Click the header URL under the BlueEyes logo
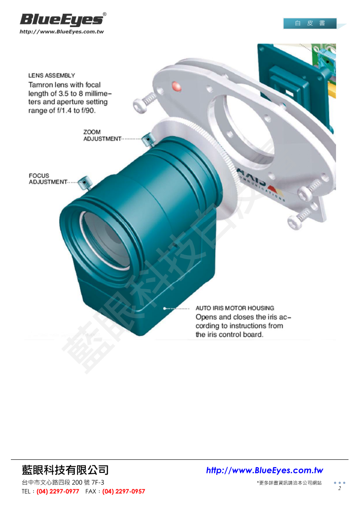click(61, 32)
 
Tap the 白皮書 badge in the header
click(310, 24)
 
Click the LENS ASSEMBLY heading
click(52, 76)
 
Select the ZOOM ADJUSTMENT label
click(102, 135)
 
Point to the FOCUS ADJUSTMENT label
click(48, 179)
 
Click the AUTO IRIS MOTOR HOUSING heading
click(235, 308)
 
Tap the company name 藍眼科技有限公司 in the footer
click(65, 470)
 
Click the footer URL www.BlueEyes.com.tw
click(265, 471)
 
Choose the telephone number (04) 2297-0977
click(58, 492)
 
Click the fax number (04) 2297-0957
click(124, 492)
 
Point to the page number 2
click(340, 489)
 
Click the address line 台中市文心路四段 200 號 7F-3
click(63, 482)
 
